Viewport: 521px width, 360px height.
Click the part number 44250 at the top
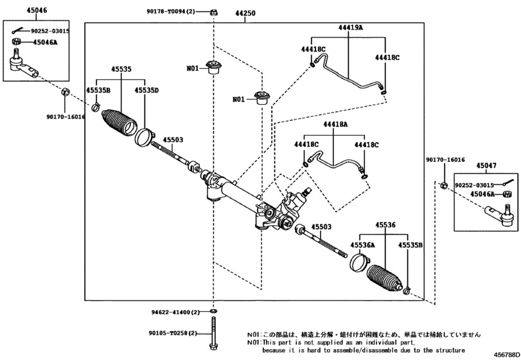[245, 12]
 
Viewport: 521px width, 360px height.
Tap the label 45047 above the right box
[486, 165]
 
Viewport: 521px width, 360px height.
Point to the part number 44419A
[351, 28]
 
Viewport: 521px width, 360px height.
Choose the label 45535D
[146, 91]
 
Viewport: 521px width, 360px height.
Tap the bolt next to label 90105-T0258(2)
[213, 334]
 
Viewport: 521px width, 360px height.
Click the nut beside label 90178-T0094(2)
[213, 12]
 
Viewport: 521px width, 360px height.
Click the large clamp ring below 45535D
[145, 137]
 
